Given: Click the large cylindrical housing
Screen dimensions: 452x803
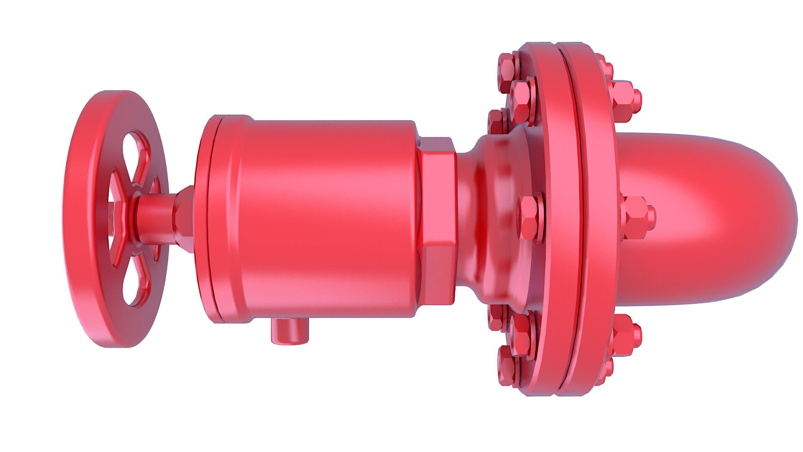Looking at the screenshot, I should coord(326,218).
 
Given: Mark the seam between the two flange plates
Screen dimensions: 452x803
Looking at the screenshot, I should coord(579,218).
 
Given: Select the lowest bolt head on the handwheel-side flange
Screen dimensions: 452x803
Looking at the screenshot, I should coord(507,368).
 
